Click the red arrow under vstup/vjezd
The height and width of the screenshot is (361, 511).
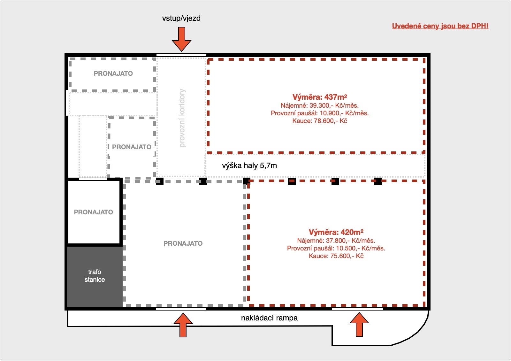coord(182,39)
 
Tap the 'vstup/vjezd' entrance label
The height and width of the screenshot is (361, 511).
coord(181,18)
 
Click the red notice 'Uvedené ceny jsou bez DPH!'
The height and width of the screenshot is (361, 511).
coord(440,26)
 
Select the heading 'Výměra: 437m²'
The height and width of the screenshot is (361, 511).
coord(320,97)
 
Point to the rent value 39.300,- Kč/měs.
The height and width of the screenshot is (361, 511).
coord(334,105)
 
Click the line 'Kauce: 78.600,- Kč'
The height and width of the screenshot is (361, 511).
coord(320,121)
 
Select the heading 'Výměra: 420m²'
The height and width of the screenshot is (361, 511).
coord(336,232)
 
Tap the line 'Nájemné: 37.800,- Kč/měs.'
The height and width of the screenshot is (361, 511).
coord(336,241)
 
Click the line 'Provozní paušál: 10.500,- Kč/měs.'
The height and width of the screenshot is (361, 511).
coord(336,248)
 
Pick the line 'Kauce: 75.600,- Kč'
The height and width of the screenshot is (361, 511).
coord(336,256)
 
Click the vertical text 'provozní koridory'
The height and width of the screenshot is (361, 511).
coord(182,118)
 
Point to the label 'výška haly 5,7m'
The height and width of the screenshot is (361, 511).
coord(249,165)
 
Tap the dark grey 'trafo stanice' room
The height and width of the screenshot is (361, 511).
coord(95,276)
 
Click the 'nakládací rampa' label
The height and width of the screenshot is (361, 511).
coord(269,318)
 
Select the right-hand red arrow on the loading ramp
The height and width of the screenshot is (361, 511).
coord(359,325)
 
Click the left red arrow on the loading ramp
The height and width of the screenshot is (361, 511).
coord(183,325)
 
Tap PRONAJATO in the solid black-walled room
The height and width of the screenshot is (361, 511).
coord(93,212)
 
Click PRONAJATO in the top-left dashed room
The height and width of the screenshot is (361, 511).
coord(113,73)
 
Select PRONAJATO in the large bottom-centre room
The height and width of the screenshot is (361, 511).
coord(183,243)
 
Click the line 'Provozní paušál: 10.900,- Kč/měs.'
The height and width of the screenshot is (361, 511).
coord(320,113)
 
